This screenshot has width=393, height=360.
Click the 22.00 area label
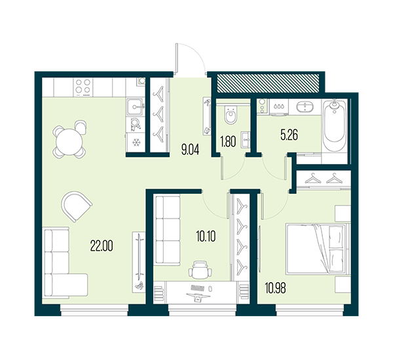tap(102, 245)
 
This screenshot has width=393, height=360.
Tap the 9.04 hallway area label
tap(191, 151)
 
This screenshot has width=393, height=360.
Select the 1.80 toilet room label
tap(228, 141)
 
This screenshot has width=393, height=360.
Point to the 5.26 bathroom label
tap(290, 135)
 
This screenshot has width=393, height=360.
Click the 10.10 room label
tap(206, 236)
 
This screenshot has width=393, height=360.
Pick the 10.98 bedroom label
tap(276, 288)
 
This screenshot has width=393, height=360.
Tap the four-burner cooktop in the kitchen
tap(83, 87)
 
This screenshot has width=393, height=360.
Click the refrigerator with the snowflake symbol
tap(136, 142)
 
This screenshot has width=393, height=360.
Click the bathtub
tap(334, 126)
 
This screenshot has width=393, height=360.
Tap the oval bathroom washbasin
tap(305, 107)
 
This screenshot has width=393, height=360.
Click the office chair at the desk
tap(200, 269)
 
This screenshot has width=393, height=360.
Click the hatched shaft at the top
tap(268, 82)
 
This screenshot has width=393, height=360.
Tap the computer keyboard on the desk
tap(198, 287)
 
